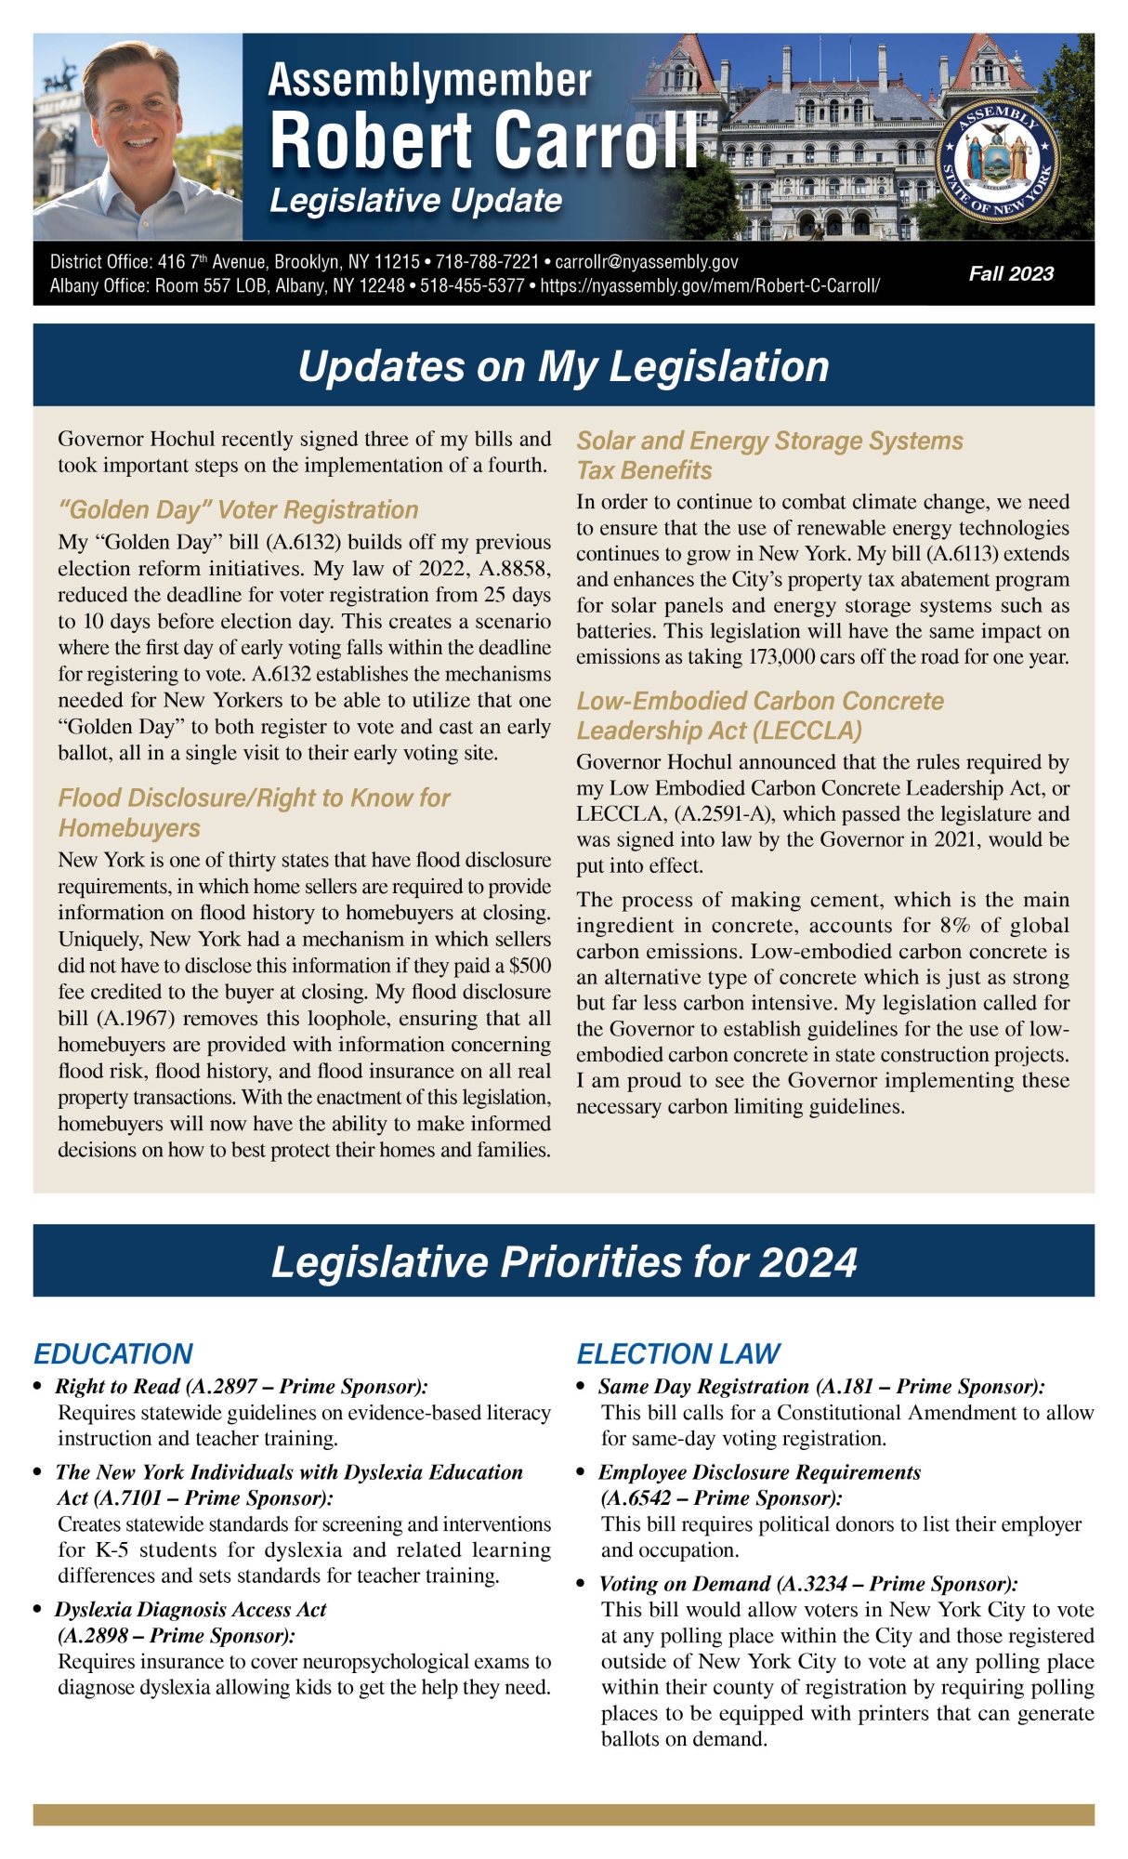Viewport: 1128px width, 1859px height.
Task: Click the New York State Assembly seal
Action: [x=997, y=161]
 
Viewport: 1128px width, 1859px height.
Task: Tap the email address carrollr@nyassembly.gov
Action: [x=647, y=262]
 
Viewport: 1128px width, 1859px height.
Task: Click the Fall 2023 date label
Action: [x=1011, y=273]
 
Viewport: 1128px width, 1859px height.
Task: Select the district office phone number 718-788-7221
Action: [x=487, y=262]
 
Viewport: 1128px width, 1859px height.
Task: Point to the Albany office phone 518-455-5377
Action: [x=472, y=286]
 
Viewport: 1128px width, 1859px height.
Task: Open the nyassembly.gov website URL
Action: [x=710, y=286]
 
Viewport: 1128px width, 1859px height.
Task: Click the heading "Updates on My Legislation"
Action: [x=563, y=366]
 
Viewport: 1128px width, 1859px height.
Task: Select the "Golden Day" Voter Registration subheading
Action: [x=238, y=509]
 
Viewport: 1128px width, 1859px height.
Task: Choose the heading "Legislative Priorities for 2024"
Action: [x=563, y=1262]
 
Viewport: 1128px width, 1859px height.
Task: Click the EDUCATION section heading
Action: [x=113, y=1353]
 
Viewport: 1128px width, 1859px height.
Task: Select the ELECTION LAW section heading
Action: [x=678, y=1353]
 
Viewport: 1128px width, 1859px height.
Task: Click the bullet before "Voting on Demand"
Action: [x=581, y=1584]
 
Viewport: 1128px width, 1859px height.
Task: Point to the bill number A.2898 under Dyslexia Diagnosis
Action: [x=98, y=1635]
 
